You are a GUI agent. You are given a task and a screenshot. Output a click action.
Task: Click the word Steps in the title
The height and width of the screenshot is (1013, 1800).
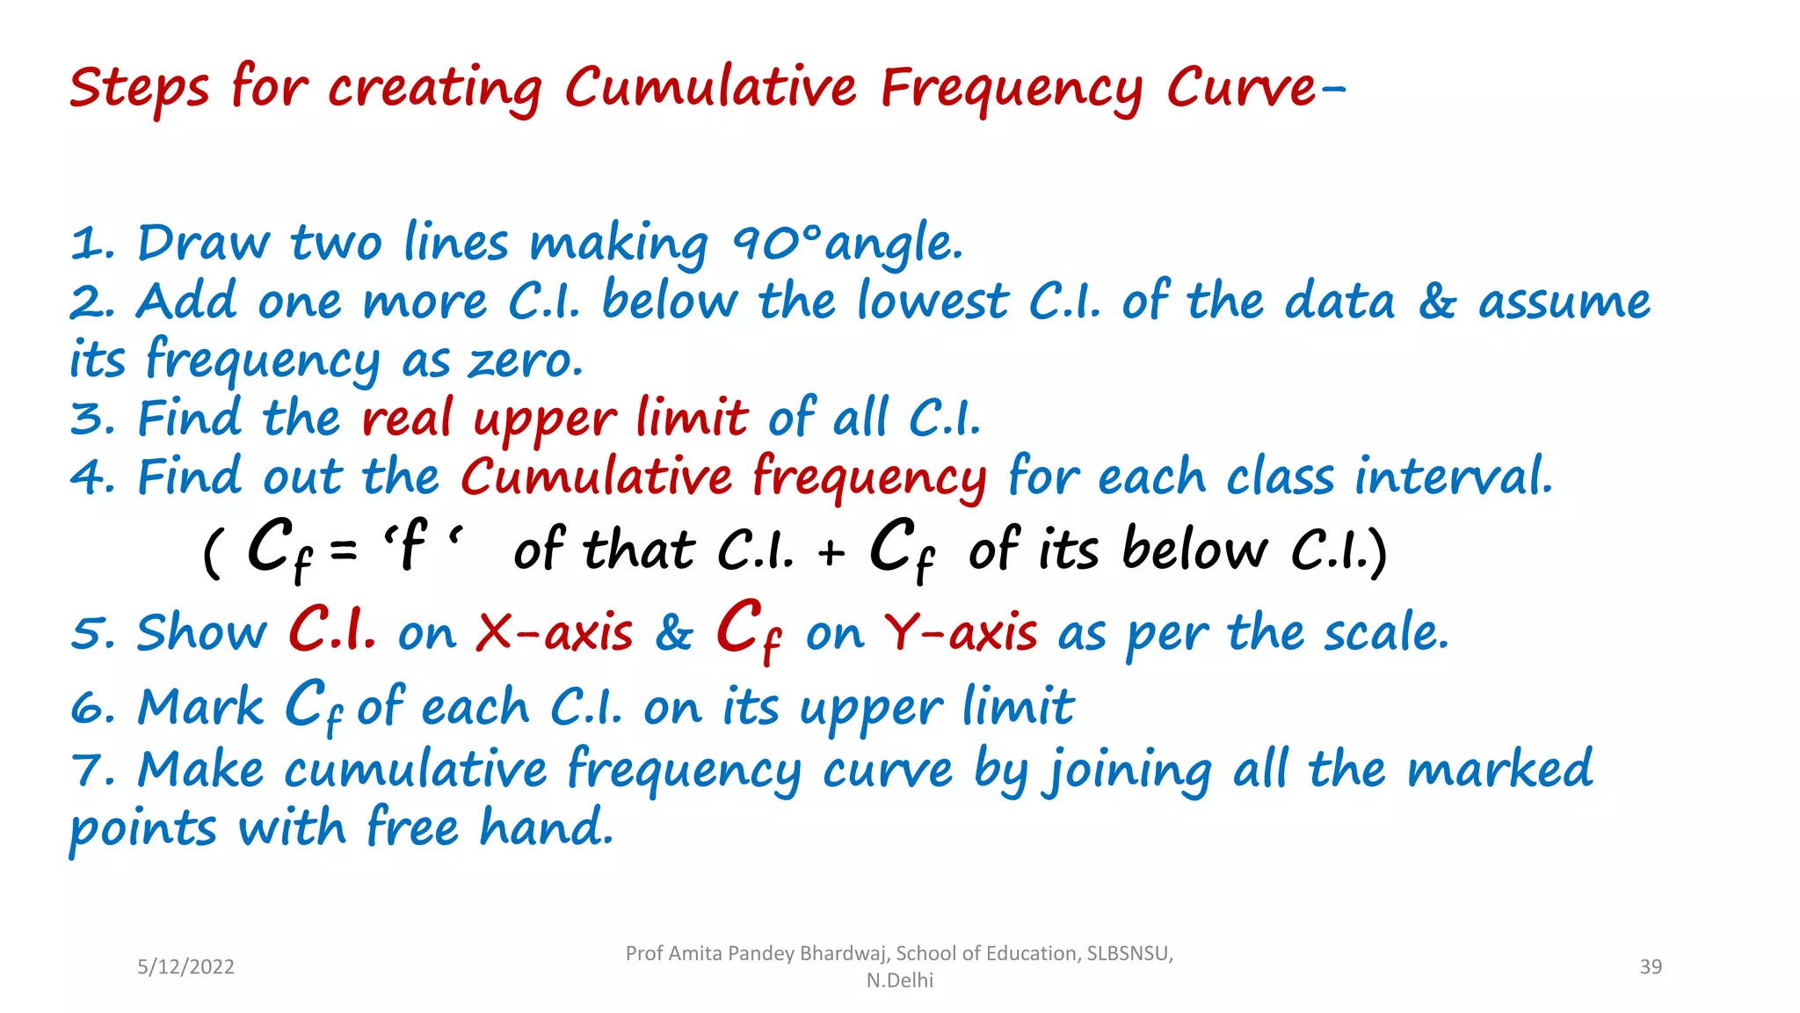coord(139,89)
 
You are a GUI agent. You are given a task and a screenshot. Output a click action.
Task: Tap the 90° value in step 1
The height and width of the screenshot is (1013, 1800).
coord(776,243)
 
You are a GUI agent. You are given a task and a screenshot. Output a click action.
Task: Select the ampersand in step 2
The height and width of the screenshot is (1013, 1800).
coord(1436,302)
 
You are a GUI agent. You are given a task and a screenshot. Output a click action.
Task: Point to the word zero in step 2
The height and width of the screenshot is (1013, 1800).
coord(525,361)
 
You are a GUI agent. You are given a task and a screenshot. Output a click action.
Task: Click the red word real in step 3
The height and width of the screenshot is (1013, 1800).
coord(407,419)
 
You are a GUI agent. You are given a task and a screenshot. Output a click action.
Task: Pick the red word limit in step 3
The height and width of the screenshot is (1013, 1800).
coord(692,419)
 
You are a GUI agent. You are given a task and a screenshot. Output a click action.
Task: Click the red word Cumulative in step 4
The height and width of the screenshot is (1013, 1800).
coord(596,477)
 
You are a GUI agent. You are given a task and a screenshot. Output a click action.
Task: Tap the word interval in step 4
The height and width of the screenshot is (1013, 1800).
coord(1452,477)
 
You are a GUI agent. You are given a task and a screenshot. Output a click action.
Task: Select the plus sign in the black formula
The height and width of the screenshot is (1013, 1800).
coord(831,552)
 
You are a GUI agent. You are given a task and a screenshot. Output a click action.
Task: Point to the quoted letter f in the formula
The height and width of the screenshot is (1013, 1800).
coord(412,545)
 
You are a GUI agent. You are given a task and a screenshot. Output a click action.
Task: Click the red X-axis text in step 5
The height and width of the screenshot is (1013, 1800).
coord(554,633)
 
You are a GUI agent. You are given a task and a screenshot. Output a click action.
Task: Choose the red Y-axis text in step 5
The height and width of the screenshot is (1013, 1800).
coord(960,633)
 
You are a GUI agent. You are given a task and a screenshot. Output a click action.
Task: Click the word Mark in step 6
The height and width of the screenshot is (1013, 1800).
coord(200,707)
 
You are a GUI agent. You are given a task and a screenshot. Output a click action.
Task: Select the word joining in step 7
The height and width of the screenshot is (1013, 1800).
coord(1128,771)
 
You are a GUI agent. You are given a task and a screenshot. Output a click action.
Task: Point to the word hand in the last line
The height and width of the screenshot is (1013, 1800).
coord(545,828)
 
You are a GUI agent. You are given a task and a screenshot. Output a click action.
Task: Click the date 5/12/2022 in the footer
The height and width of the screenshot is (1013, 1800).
coord(185,966)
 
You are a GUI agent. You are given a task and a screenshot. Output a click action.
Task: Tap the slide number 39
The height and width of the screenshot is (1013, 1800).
coord(1651,966)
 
